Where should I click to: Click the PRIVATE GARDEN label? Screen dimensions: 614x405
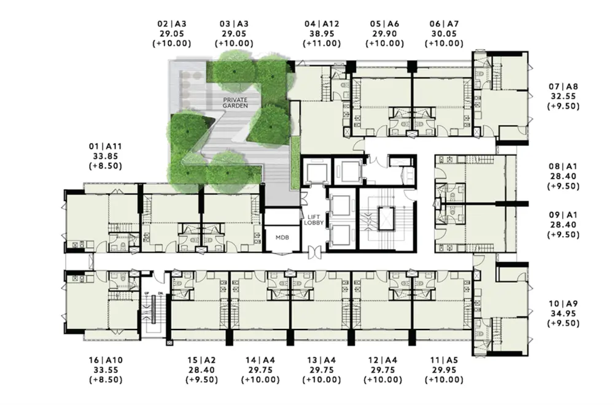click(x=235, y=103)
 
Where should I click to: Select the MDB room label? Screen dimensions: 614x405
click(x=282, y=237)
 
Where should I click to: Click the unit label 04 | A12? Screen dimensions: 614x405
click(x=322, y=24)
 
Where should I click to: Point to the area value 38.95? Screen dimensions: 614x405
click(x=322, y=34)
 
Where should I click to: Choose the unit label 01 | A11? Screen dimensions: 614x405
click(x=106, y=146)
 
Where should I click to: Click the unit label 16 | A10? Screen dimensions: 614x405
click(x=106, y=360)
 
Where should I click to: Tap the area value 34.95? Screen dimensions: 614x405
click(x=563, y=314)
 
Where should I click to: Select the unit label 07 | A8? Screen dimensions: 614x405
click(x=563, y=87)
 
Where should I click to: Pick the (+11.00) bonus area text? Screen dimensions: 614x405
click(x=322, y=44)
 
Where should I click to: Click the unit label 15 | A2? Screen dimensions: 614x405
click(x=201, y=360)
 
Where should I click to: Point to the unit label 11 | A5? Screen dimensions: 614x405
click(x=444, y=360)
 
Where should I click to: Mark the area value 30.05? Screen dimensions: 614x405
click(x=444, y=34)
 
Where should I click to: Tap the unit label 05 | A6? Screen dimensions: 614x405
click(x=384, y=24)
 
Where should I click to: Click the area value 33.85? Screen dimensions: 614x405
click(x=106, y=156)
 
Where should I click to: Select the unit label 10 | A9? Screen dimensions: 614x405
click(x=563, y=304)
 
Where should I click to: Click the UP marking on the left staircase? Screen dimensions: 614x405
click(x=147, y=293)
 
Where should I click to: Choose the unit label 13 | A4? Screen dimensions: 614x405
click(x=322, y=360)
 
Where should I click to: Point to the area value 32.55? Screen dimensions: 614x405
click(x=563, y=96)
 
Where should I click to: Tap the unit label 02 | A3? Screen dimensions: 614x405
click(x=171, y=24)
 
